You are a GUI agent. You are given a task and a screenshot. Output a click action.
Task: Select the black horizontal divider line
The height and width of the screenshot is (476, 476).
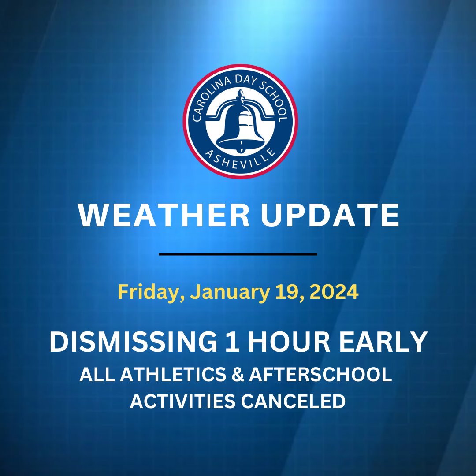tap(238, 254)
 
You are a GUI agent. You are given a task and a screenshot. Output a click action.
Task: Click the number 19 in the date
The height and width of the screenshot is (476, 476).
tap(285, 293)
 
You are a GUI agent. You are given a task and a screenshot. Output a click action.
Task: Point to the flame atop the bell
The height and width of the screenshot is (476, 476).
tap(240, 93)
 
